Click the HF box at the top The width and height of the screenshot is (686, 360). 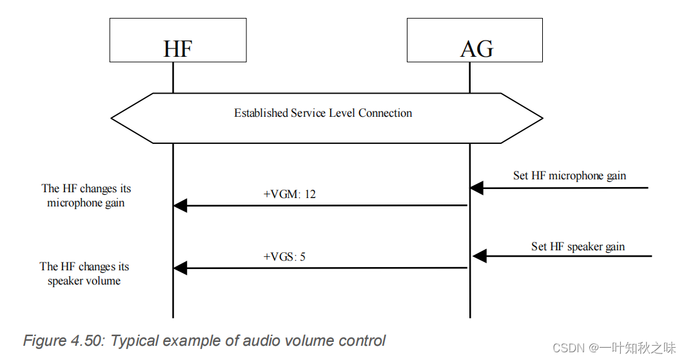177,40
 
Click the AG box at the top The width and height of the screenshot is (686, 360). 476,40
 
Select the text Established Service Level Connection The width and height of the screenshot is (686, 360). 322,114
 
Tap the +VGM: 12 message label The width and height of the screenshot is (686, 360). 289,194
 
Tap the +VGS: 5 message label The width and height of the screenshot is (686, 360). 284,256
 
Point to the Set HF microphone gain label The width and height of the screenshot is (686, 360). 569,175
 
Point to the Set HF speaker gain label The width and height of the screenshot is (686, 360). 578,246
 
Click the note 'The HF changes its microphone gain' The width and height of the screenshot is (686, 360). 86,195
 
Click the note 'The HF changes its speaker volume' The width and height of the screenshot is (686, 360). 84,274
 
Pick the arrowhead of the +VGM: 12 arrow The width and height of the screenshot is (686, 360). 180,206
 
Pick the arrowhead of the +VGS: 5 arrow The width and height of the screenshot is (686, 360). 180,268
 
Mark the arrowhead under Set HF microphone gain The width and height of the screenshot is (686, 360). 476,188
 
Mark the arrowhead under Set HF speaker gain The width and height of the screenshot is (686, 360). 479,257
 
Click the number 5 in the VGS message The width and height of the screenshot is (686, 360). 302,256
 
